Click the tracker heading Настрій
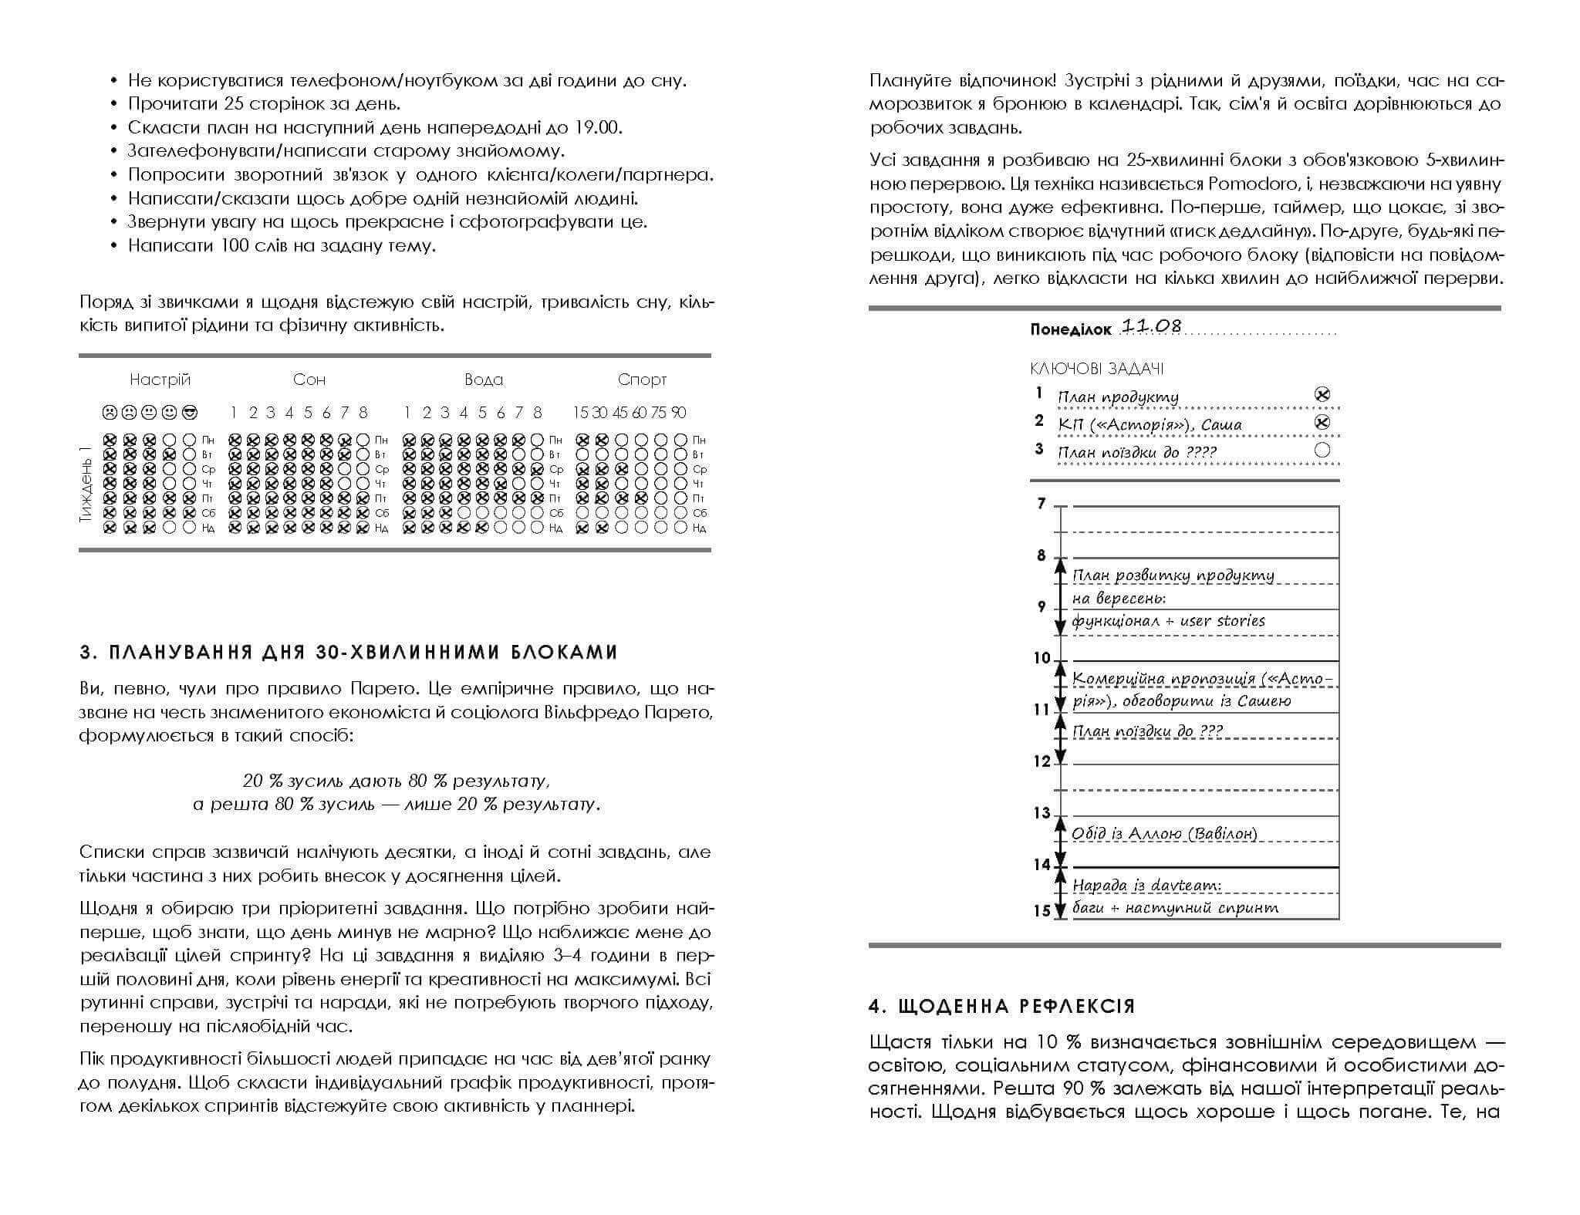[160, 380]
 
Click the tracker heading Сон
[309, 380]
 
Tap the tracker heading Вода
[484, 380]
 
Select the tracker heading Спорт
[642, 380]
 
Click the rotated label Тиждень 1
[86, 484]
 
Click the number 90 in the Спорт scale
[678, 413]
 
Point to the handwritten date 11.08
[1150, 326]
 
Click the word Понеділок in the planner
[1070, 330]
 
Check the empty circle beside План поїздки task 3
[1322, 451]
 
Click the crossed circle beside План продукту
[1322, 395]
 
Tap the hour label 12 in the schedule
[1042, 761]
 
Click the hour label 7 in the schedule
[1042, 504]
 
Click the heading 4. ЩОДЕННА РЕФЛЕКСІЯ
[1001, 1007]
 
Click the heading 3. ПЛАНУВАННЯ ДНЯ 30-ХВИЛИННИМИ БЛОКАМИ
[349, 653]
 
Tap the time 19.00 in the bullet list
[597, 127]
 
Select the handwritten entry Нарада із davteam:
[1146, 886]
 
